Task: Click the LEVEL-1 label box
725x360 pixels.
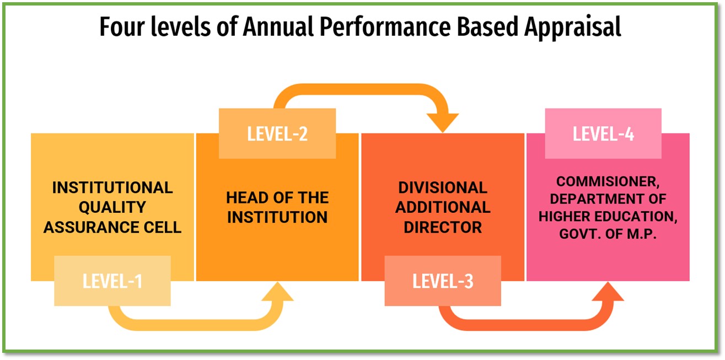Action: (112, 281)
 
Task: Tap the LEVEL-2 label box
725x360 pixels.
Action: (277, 133)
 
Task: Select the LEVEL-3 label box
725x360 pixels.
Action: (443, 281)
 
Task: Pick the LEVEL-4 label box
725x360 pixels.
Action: (603, 133)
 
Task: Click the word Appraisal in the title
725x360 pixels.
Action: (572, 27)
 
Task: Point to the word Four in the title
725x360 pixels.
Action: (122, 26)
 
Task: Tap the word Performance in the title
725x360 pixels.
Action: (385, 26)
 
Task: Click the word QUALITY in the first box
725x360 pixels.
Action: (112, 207)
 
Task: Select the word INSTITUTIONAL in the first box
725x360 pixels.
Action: (112, 188)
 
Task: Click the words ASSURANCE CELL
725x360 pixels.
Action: (112, 227)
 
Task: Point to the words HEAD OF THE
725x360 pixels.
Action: (277, 197)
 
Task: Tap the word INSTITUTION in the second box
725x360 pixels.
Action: (277, 217)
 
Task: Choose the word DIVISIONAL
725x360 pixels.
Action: (443, 188)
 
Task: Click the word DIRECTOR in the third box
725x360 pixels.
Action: (443, 227)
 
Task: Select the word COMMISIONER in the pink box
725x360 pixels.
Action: (607, 181)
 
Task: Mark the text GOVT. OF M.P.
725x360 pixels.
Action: (608, 234)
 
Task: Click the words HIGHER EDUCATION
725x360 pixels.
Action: (608, 216)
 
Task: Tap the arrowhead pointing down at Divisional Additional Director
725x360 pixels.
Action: (443, 122)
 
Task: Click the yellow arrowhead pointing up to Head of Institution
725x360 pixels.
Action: (277, 292)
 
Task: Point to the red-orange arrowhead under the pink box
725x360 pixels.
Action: (608, 292)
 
